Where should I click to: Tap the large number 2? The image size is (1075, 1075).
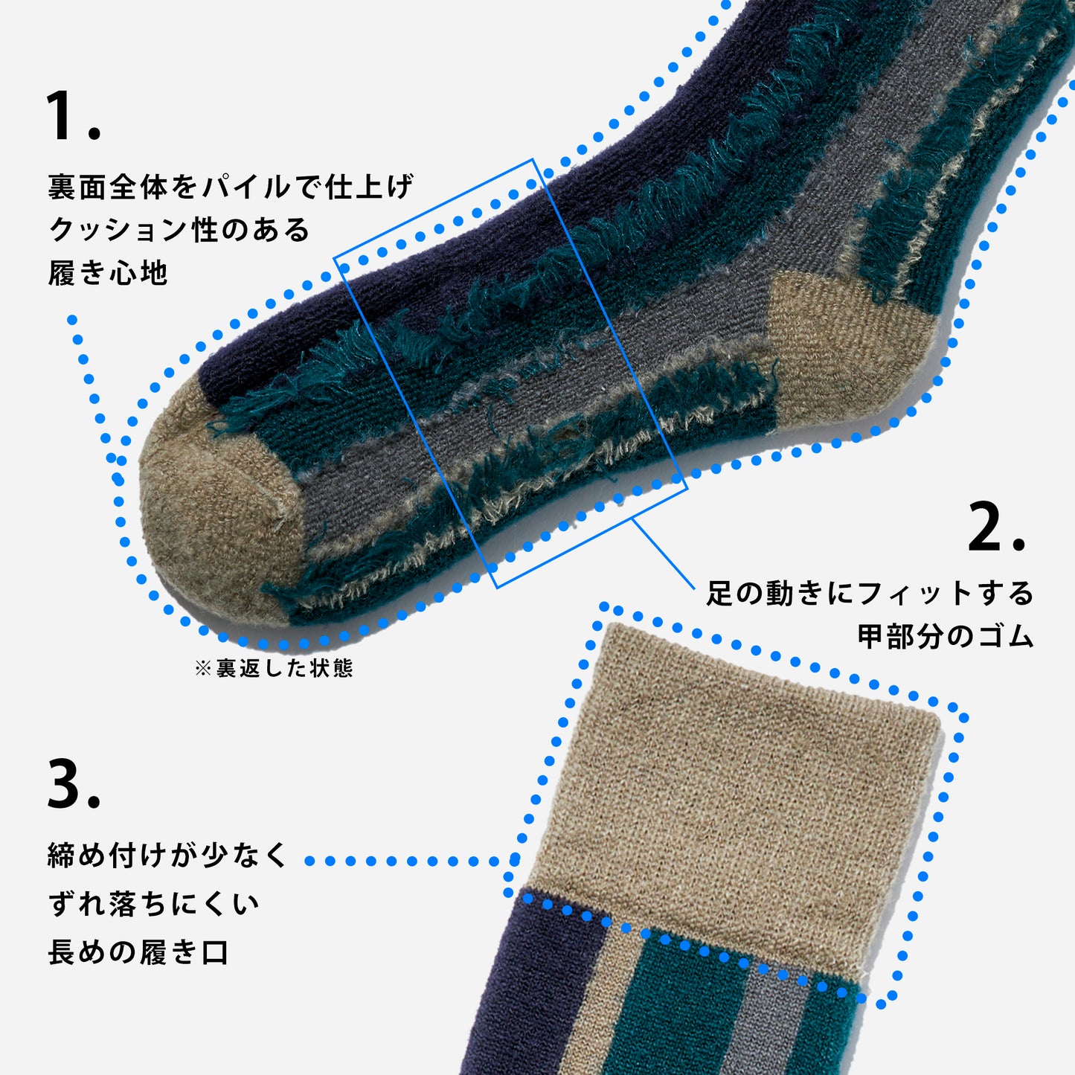pyautogui.click(x=996, y=527)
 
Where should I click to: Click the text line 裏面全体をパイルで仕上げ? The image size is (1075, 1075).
pyautogui.click(x=231, y=187)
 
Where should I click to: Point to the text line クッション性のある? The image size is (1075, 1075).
pyautogui.click(x=179, y=230)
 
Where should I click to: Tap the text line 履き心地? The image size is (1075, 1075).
pyautogui.click(x=108, y=273)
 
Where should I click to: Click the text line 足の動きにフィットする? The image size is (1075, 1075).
pyautogui.click(x=870, y=593)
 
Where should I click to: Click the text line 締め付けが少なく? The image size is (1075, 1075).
pyautogui.click(x=167, y=856)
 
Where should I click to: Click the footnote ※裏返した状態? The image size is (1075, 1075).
pyautogui.click(x=274, y=668)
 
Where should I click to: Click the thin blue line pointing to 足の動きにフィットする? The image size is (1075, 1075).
pyautogui.click(x=664, y=553)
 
